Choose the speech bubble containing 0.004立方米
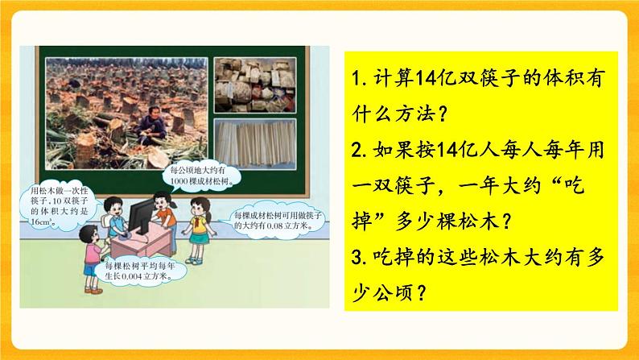coord(133,275)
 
